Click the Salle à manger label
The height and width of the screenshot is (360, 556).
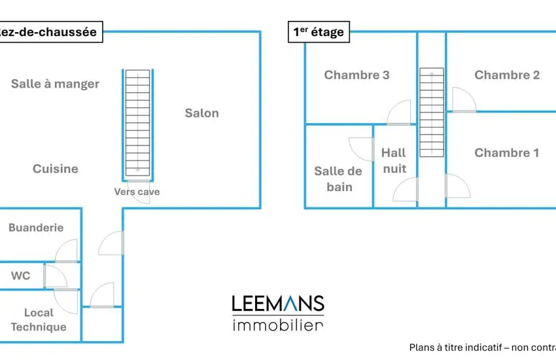coord(56,84)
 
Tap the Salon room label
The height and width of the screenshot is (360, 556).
coord(201,113)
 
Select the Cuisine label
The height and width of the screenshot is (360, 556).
coord(56,169)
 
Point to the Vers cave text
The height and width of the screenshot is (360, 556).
coord(137,192)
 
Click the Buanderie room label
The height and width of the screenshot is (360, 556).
coord(36,228)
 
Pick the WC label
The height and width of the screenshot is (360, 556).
coord(20,276)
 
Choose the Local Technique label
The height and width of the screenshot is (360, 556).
coord(39,320)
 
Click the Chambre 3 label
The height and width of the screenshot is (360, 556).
coord(356,75)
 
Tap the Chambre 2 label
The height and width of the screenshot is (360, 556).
coord(507,75)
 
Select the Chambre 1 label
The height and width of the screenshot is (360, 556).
coord(507,153)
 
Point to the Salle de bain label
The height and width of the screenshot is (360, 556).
coord(338,179)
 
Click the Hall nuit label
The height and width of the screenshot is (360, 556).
coord(394,160)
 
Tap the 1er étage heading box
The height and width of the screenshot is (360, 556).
coord(318,31)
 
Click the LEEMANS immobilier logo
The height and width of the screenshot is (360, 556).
coord(278,313)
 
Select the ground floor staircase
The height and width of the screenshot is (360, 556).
coord(137,123)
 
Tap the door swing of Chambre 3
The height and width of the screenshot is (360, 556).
coord(400,113)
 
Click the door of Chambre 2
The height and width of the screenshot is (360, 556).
coord(463,100)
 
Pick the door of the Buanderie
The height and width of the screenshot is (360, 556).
coord(67,251)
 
